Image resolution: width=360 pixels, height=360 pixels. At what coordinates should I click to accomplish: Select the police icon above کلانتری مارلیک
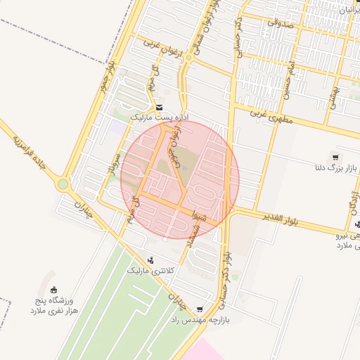point(150,260)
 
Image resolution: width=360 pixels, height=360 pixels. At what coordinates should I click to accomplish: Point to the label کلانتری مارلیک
point(150,270)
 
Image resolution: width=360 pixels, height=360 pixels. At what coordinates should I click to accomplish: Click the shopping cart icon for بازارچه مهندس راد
point(200,309)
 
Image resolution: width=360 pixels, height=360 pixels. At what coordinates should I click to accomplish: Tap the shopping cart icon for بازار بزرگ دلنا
point(335,157)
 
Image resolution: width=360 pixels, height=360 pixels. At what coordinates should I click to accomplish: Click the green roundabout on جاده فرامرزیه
point(63,184)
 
